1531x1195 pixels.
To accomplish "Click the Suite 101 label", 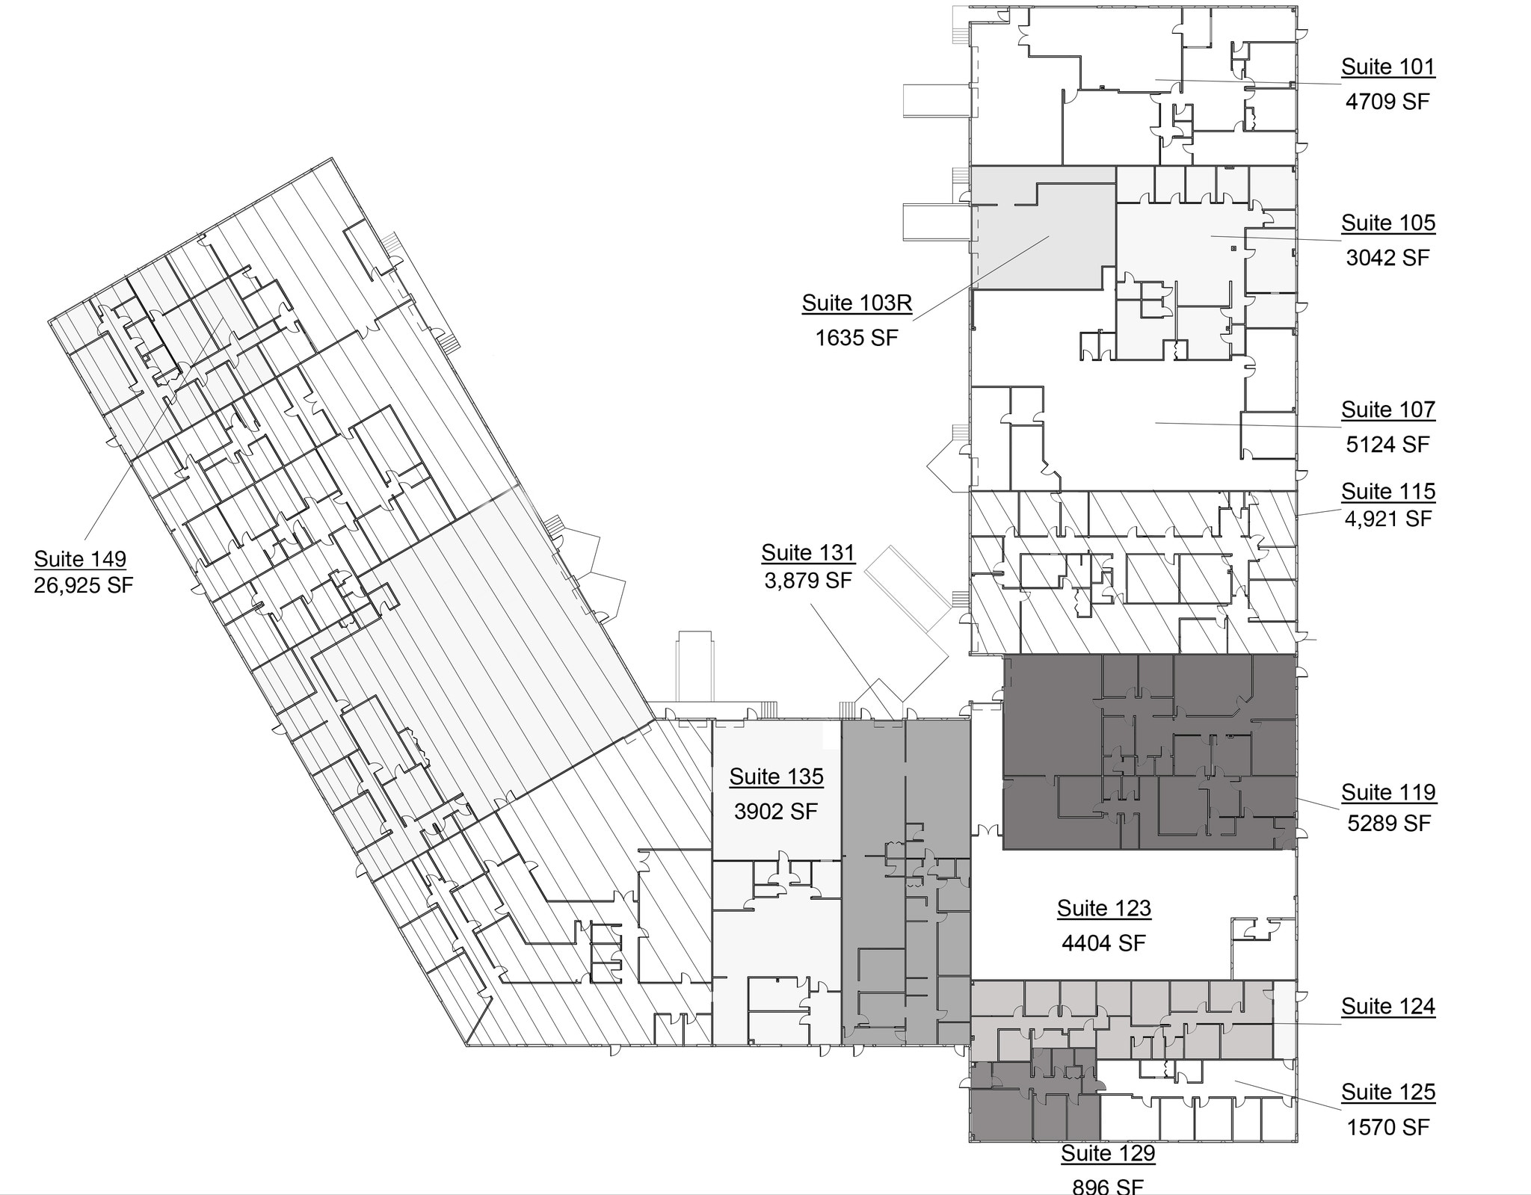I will point(1387,67).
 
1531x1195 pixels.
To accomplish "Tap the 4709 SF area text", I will point(1387,102).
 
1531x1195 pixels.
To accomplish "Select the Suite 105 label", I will point(1387,223).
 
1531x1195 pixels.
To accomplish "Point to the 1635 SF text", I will point(856,338).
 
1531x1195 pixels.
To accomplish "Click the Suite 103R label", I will point(857,303).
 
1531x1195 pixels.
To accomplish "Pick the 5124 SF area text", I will point(1387,445).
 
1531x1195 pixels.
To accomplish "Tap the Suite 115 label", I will point(1387,492).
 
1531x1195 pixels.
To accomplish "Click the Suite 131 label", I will point(807,553).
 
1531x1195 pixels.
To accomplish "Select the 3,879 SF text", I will point(807,580).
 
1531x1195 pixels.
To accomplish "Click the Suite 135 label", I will point(776,777).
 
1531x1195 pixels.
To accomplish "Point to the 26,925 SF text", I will point(83,584).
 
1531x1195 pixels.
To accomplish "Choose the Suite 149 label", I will point(80,559).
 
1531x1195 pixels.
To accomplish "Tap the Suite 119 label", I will point(1387,792).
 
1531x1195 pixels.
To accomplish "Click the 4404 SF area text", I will point(1103,943).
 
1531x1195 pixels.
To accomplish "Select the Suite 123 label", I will point(1103,909).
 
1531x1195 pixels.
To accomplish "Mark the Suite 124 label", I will point(1387,1007).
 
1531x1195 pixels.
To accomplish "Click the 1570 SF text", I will point(1387,1127).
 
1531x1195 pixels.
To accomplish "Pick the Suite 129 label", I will point(1108,1153).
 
